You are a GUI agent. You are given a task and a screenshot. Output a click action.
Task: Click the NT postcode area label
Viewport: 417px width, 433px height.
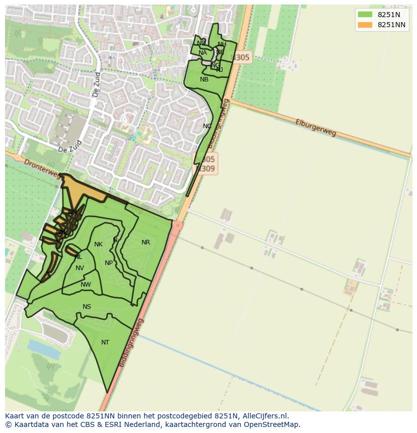[x=105, y=342]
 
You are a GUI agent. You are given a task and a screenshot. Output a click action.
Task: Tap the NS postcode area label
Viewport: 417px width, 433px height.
[x=87, y=307]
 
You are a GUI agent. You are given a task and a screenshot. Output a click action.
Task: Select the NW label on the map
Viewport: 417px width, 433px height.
[x=86, y=285]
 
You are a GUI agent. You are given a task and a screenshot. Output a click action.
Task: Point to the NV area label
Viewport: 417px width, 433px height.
[x=80, y=268]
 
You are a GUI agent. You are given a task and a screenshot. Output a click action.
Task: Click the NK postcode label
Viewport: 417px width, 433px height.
[x=98, y=244]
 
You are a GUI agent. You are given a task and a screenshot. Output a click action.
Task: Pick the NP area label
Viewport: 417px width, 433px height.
[x=109, y=263]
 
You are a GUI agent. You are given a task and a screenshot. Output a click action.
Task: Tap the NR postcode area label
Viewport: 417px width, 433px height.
[x=146, y=242]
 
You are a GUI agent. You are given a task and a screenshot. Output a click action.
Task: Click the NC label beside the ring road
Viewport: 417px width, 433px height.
[x=207, y=126]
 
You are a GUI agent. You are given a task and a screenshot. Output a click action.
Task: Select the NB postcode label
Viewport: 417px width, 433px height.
[x=204, y=79]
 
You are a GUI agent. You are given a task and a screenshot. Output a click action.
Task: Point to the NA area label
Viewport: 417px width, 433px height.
[x=202, y=53]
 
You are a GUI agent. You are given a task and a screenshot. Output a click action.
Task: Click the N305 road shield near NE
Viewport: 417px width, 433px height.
[x=241, y=57]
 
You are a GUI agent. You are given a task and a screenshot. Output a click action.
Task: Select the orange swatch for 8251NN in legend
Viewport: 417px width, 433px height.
[x=365, y=25]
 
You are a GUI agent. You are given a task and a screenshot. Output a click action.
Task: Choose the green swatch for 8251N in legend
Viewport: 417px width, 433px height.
[x=365, y=15]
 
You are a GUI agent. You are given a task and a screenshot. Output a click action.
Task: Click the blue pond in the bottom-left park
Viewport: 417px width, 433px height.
[x=44, y=347]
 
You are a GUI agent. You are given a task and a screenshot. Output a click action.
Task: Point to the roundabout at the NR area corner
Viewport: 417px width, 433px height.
[x=177, y=225]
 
